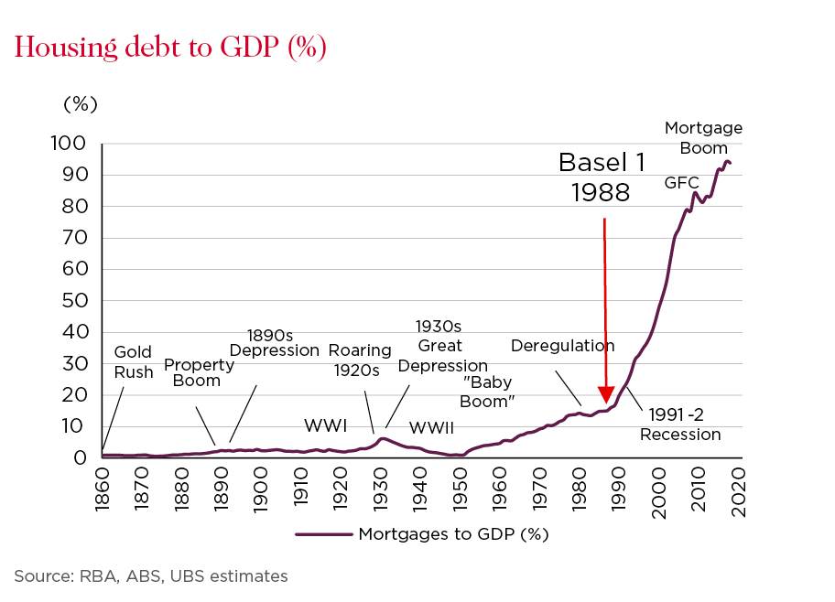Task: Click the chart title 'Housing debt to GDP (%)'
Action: click(170, 47)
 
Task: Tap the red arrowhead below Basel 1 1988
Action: click(605, 393)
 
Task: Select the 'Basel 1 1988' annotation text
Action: click(602, 177)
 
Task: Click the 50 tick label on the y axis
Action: click(76, 301)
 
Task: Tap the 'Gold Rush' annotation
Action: click(133, 362)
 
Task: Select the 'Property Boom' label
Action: click(199, 372)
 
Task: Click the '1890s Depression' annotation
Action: click(274, 342)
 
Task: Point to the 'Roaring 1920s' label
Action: click(360, 360)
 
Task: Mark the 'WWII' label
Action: click(430, 427)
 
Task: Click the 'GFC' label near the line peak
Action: click(681, 183)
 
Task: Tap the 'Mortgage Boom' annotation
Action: click(703, 138)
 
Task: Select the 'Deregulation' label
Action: click(562, 346)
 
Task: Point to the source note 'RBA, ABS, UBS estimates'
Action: click(150, 576)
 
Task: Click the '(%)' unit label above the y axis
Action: click(80, 103)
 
